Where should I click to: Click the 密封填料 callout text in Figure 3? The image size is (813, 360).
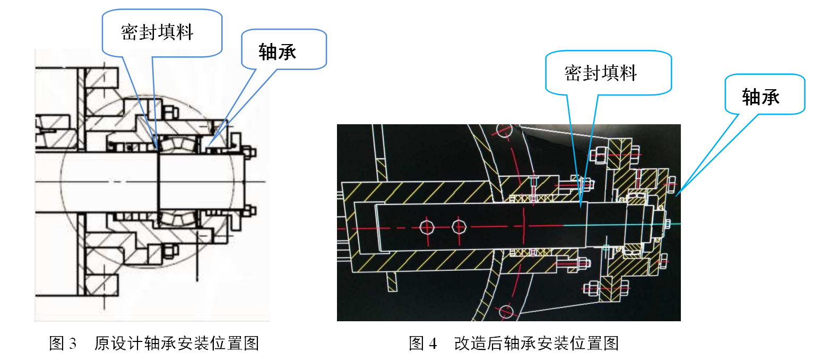click(x=157, y=32)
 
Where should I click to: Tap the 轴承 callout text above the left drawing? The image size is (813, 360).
click(x=278, y=52)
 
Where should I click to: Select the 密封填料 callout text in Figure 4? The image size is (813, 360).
click(x=601, y=73)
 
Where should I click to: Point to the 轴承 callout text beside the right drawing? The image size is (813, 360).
click(x=761, y=97)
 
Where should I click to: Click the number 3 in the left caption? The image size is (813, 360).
click(x=73, y=344)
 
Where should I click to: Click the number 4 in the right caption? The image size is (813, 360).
click(x=433, y=344)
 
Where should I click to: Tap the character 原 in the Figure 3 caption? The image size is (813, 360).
click(x=102, y=344)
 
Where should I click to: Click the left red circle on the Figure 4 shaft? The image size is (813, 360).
click(x=427, y=227)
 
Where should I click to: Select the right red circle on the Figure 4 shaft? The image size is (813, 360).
click(x=459, y=227)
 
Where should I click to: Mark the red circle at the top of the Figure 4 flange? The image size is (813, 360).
click(x=505, y=131)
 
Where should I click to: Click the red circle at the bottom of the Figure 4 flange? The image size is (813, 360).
click(x=506, y=312)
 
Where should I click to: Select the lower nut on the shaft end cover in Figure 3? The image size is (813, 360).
click(x=249, y=211)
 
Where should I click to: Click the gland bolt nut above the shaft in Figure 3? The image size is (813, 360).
click(x=170, y=112)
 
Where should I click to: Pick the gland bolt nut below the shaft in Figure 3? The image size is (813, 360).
click(x=169, y=250)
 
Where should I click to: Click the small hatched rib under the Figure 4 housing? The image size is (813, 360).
click(x=392, y=281)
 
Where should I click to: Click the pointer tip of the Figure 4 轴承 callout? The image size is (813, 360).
click(x=676, y=196)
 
